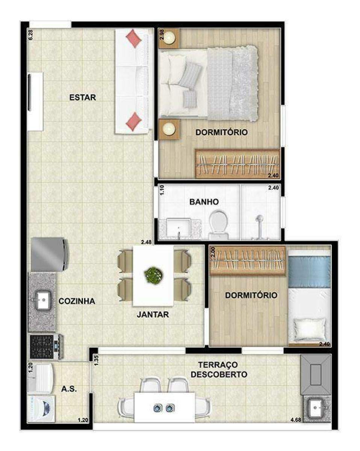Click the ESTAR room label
83,97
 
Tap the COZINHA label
77,301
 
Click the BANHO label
204,202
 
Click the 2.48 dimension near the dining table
146,242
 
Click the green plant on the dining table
154,275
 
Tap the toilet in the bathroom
218,225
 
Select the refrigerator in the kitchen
50,254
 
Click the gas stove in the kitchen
46,347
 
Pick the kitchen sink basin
43,300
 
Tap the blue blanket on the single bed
309,272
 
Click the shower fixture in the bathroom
260,227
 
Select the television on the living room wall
30,92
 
